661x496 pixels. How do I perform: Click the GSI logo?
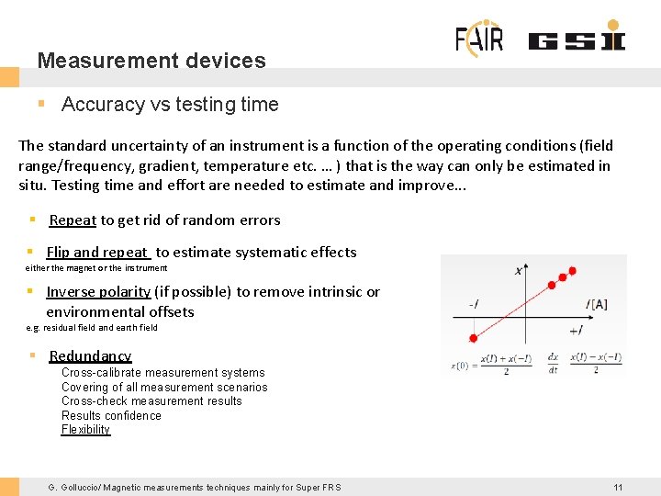coord(576,40)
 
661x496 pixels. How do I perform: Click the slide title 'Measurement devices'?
coord(151,61)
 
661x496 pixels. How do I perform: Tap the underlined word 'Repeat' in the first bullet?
coord(73,220)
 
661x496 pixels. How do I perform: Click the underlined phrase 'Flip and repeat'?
coord(96,253)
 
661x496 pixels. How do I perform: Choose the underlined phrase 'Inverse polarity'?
coord(98,292)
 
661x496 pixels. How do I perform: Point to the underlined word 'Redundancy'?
coord(90,356)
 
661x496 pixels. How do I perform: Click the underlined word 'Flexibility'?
coord(85,430)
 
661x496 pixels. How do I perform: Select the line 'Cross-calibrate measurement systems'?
coord(162,373)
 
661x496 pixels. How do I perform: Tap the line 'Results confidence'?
coord(111,416)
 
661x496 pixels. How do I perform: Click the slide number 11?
coord(618,487)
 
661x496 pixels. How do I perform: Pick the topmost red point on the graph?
coord(572,271)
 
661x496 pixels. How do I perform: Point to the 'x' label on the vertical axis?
coord(519,270)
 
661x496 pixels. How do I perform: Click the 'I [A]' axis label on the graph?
coord(598,304)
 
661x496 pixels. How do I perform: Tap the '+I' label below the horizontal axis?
coord(575,330)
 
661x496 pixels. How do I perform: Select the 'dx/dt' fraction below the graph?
coord(552,363)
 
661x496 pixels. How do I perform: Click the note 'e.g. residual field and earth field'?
coord(92,328)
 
